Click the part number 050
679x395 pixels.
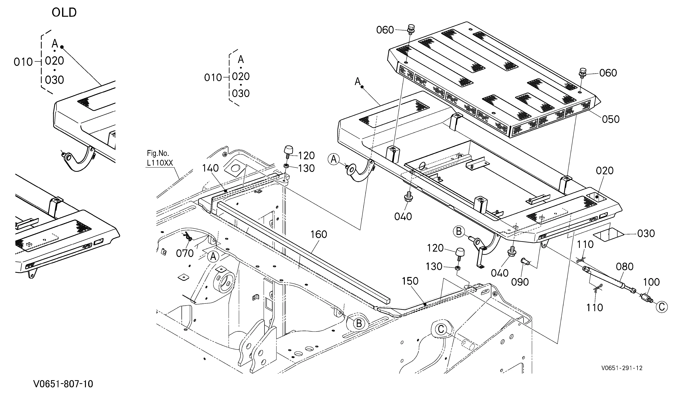(x=611, y=119)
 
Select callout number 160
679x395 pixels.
(x=319, y=234)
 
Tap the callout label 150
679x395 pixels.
(x=410, y=281)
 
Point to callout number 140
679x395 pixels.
(x=210, y=168)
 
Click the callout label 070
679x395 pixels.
(x=185, y=253)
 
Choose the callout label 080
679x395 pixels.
(x=625, y=267)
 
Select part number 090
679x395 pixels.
(x=520, y=282)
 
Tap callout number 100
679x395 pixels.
(x=652, y=282)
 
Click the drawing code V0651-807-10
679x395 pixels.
(x=63, y=384)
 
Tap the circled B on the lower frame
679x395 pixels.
(x=359, y=323)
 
